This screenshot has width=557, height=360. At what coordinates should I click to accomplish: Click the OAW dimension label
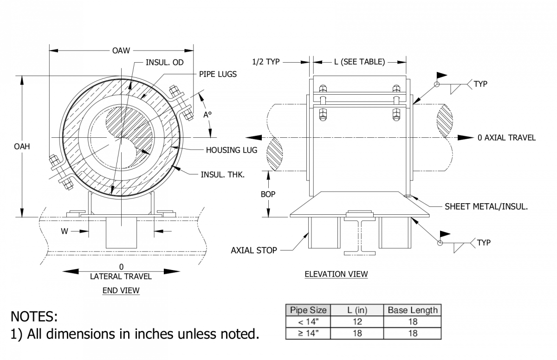click(121, 51)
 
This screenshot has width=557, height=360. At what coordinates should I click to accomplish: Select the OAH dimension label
click(22, 146)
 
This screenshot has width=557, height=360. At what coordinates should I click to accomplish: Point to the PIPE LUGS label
click(218, 74)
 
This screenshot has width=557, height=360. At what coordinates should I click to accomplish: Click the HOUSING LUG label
click(232, 150)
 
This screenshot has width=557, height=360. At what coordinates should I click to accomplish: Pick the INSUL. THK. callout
click(222, 174)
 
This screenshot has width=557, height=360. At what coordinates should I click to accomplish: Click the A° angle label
click(207, 115)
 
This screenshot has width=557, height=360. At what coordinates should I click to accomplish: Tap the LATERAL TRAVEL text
click(121, 276)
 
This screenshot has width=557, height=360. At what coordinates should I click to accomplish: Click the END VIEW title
click(121, 291)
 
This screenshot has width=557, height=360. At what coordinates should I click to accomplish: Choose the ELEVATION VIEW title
click(336, 274)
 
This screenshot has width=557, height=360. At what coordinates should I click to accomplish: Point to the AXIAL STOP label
click(254, 251)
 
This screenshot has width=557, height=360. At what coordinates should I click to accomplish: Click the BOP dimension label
click(268, 194)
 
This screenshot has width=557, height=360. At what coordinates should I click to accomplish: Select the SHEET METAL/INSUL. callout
click(486, 206)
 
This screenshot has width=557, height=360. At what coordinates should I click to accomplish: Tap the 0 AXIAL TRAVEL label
click(506, 138)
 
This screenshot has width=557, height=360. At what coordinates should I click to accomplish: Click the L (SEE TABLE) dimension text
click(359, 62)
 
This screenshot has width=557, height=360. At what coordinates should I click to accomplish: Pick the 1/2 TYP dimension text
click(266, 62)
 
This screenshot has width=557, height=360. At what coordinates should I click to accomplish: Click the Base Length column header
click(412, 310)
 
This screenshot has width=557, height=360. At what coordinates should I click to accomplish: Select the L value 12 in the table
click(357, 321)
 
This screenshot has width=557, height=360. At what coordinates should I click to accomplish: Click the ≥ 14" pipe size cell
click(308, 333)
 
